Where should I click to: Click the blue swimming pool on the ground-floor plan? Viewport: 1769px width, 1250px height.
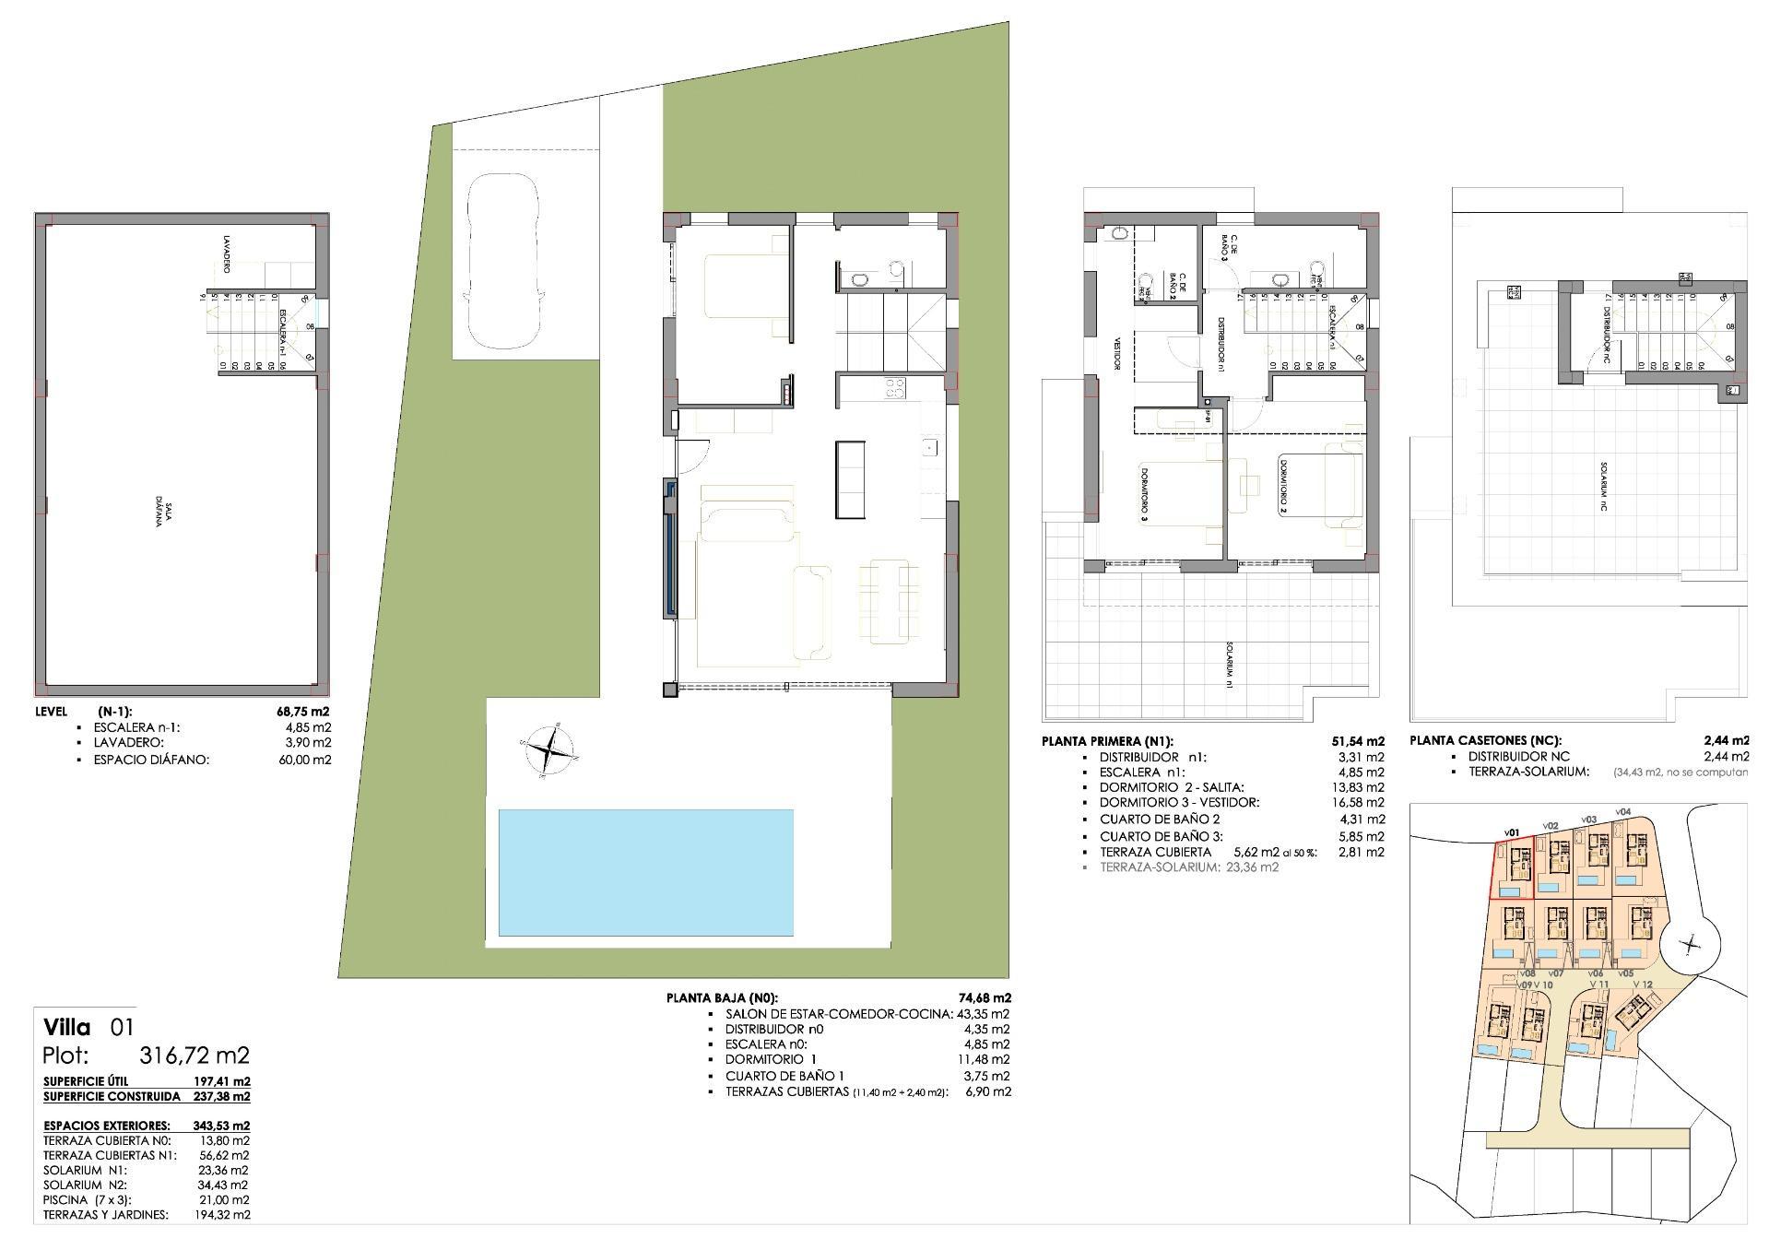click(x=645, y=872)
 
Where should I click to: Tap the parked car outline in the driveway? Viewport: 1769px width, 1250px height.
click(x=502, y=262)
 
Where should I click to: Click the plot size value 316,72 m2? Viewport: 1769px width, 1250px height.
click(x=194, y=1055)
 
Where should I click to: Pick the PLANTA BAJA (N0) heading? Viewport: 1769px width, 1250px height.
click(x=722, y=997)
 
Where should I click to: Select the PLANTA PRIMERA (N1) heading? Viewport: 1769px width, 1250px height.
click(x=1107, y=741)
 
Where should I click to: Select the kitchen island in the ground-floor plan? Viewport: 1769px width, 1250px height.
click(x=851, y=479)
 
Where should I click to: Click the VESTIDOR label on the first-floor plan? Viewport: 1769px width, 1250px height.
click(x=1117, y=351)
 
